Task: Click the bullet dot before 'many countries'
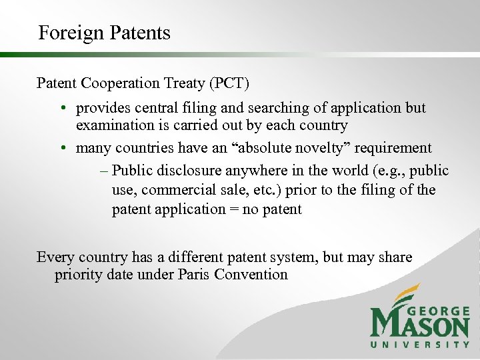[61, 148]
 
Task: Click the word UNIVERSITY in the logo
[419, 344]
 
